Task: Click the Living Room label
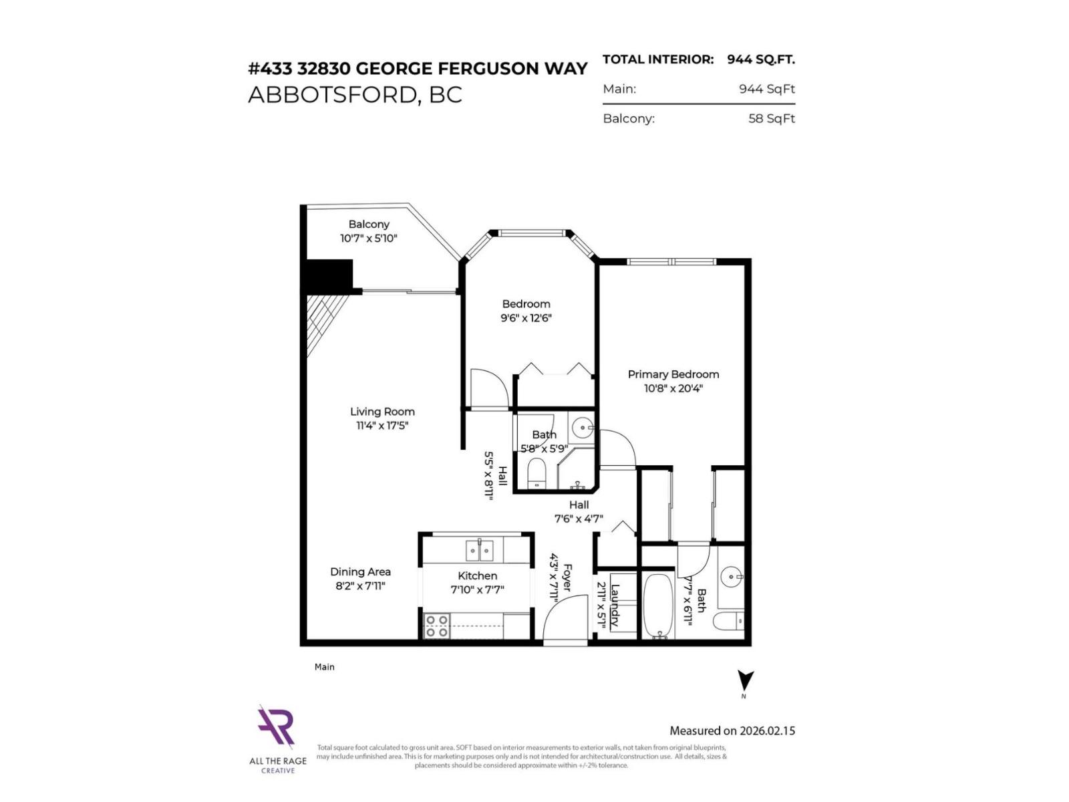382,412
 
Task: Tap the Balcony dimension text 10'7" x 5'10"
368,239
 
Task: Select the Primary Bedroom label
673,374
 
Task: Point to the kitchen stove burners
437,626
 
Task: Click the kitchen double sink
479,551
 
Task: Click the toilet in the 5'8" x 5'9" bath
537,473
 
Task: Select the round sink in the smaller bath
583,426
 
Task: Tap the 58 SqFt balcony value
771,119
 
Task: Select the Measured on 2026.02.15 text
732,730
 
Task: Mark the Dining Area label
360,571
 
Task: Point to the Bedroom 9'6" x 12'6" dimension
526,318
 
